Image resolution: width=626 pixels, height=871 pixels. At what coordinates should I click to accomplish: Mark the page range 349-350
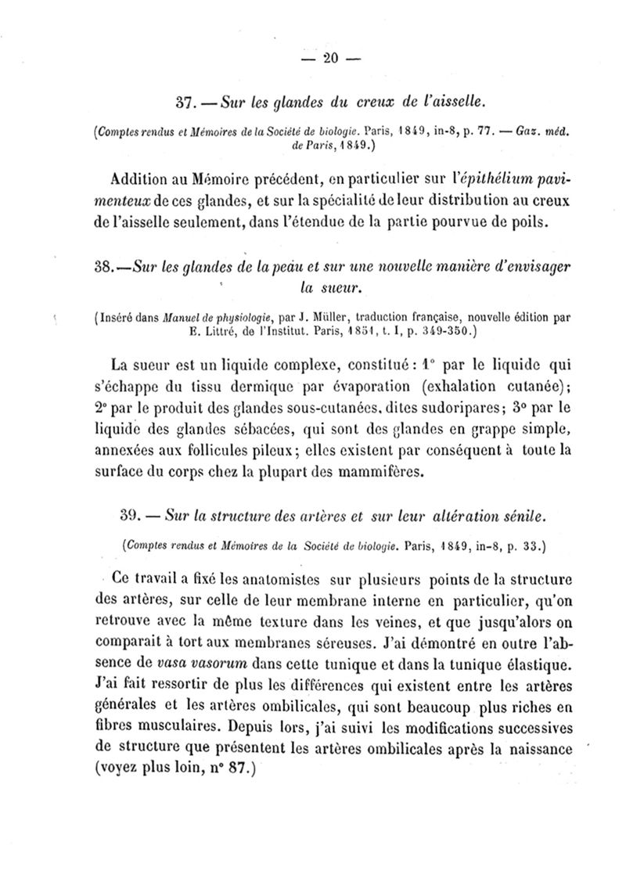click(444, 331)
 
